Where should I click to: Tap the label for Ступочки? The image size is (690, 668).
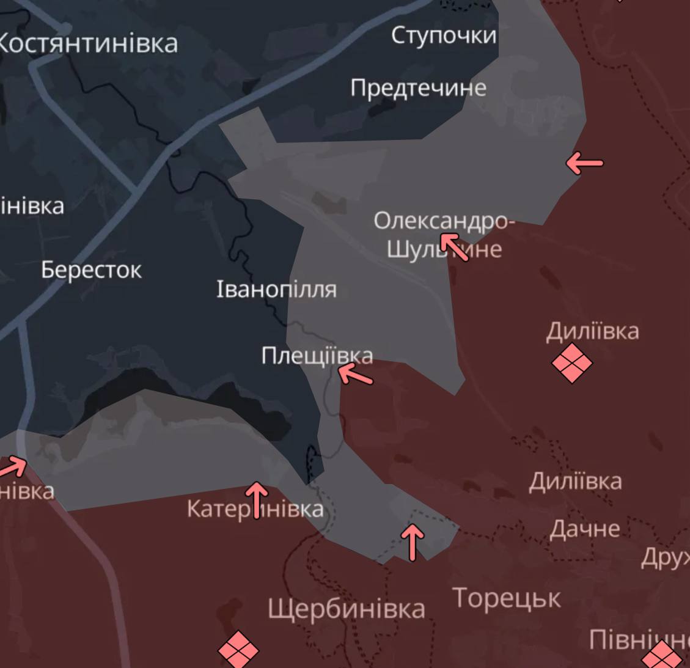(444, 35)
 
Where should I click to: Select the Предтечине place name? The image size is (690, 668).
(418, 88)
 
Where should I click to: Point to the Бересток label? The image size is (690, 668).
(92, 270)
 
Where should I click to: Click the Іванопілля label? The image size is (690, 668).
(276, 289)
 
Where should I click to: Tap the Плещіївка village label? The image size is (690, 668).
(317, 355)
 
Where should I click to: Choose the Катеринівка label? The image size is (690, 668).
(255, 508)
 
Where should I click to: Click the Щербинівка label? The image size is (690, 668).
(347, 609)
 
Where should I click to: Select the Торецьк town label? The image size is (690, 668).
(507, 598)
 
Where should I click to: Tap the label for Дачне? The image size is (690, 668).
(585, 529)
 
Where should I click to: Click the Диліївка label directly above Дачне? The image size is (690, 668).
(575, 482)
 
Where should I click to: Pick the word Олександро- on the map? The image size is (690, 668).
(444, 221)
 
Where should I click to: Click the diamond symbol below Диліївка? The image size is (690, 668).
(572, 362)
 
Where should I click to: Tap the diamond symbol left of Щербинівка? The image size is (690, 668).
(238, 650)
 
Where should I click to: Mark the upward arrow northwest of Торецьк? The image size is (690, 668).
(413, 541)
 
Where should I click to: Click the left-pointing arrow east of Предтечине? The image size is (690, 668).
(584, 163)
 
